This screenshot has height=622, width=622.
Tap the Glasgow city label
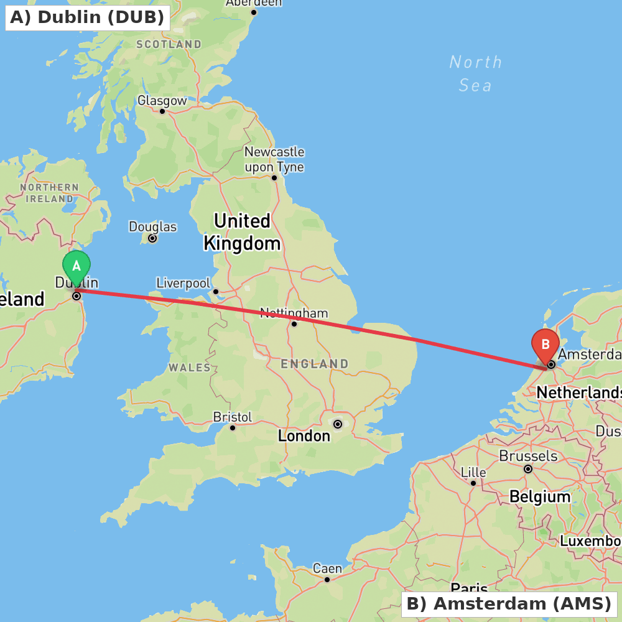pyautogui.click(x=162, y=101)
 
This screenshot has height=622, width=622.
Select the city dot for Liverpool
pyautogui.click(x=216, y=291)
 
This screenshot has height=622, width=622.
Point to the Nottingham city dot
pyautogui.click(x=294, y=323)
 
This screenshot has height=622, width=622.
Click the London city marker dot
pyautogui.click(x=338, y=424)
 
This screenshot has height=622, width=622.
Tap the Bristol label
pyautogui.click(x=232, y=417)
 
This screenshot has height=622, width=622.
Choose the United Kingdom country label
pyautogui.click(x=242, y=232)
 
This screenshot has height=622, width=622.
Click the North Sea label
pyautogui.click(x=476, y=73)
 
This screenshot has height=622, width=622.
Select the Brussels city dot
pyautogui.click(x=528, y=469)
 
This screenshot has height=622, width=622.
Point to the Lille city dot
pyautogui.click(x=473, y=483)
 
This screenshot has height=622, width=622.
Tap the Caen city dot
pyautogui.click(x=327, y=580)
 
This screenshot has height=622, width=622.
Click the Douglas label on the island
pyautogui.click(x=152, y=227)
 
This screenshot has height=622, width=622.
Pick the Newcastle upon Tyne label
pyautogui.click(x=274, y=159)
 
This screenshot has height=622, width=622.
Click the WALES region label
pyautogui.click(x=190, y=368)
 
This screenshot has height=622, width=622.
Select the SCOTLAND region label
pyautogui.click(x=169, y=45)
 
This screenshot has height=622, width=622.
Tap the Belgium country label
pyautogui.click(x=539, y=496)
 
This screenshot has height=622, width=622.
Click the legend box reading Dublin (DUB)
pyautogui.click(x=88, y=17)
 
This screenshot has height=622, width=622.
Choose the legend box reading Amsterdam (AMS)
pyautogui.click(x=509, y=603)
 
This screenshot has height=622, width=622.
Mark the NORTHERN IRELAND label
pyautogui.click(x=49, y=193)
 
